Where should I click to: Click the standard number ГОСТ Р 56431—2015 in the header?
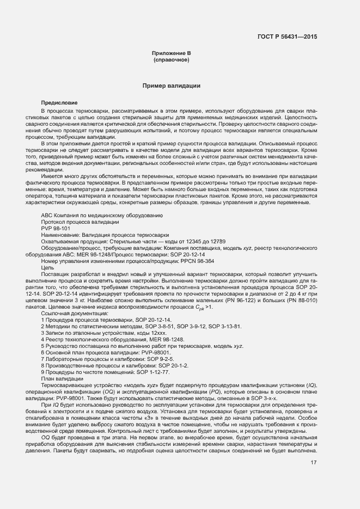[286, 36]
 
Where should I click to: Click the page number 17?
[314, 464]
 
